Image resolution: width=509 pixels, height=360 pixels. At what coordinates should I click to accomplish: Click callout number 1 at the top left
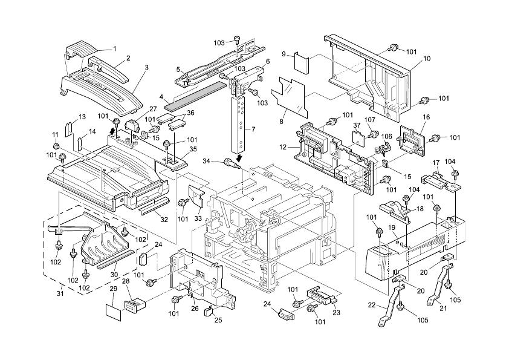[x=115, y=48]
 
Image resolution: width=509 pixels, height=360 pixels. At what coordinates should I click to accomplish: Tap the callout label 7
[x=253, y=129]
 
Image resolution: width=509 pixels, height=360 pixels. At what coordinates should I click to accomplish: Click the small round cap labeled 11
[x=56, y=146]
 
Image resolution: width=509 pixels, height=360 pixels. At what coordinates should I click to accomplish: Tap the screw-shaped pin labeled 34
[x=230, y=162]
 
